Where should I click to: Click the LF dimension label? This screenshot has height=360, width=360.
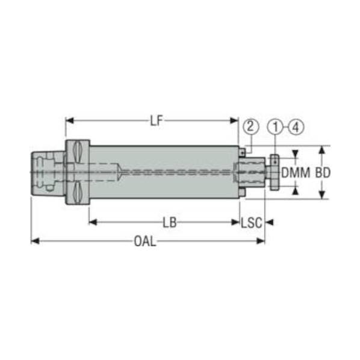(x=157, y=120)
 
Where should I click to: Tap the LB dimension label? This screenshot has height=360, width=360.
(x=169, y=223)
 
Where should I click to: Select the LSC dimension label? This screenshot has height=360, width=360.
(x=252, y=223)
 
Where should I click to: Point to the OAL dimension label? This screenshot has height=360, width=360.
(x=145, y=241)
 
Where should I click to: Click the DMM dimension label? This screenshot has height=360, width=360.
(x=296, y=173)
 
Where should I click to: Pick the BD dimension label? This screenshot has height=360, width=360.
(x=323, y=173)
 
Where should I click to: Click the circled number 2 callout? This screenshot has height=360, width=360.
(x=250, y=126)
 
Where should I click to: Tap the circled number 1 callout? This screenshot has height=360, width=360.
(x=275, y=127)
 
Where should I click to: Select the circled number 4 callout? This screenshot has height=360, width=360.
(x=296, y=127)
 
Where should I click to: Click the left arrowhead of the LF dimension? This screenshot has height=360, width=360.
(x=69, y=120)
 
